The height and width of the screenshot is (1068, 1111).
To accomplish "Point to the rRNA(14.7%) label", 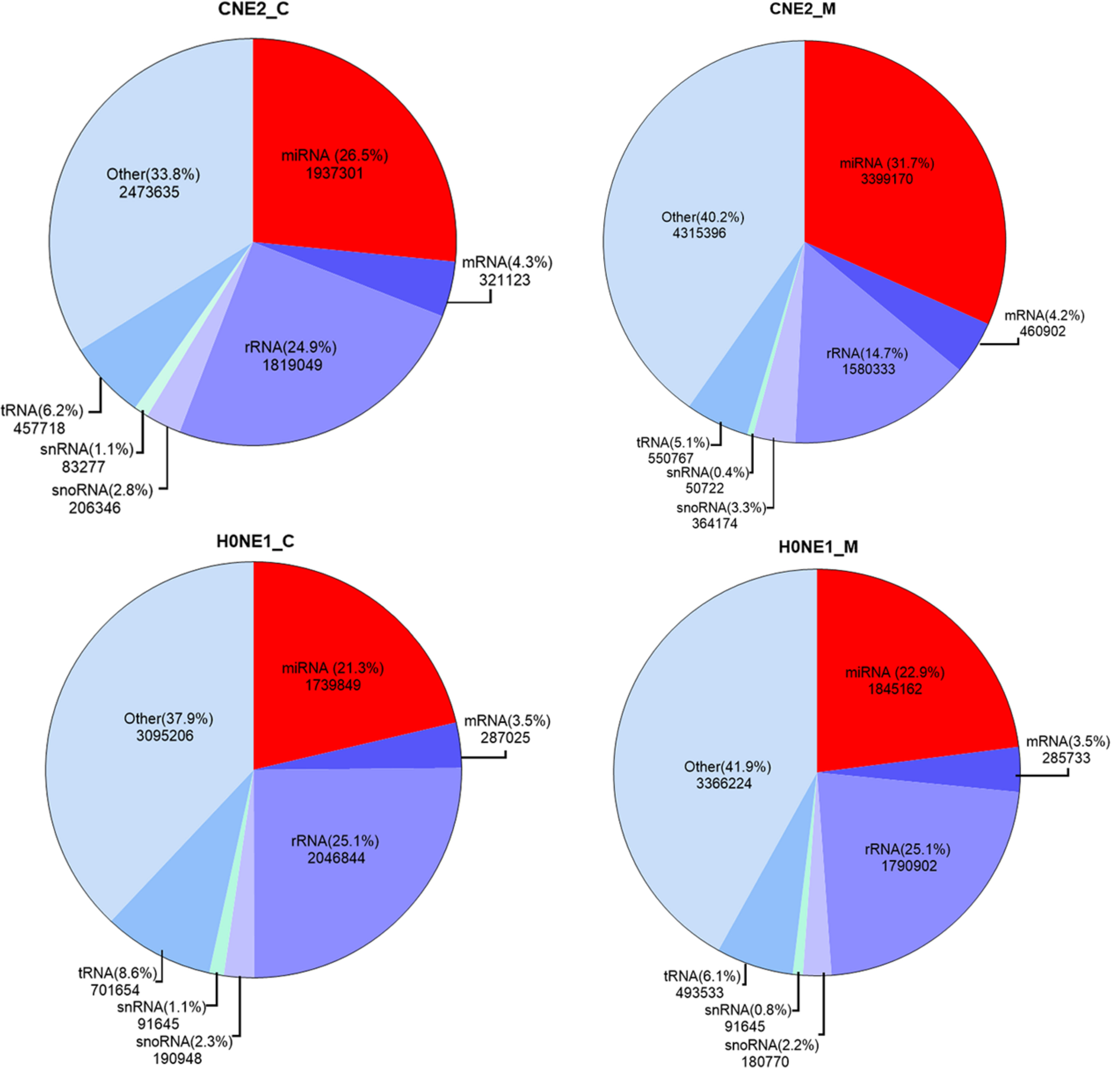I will [x=867, y=353].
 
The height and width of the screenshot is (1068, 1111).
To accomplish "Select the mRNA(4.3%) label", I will [x=507, y=263].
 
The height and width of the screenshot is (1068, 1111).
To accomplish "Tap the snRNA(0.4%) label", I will [x=708, y=472].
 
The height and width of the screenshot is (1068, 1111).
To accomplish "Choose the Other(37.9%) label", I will [x=168, y=719].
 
